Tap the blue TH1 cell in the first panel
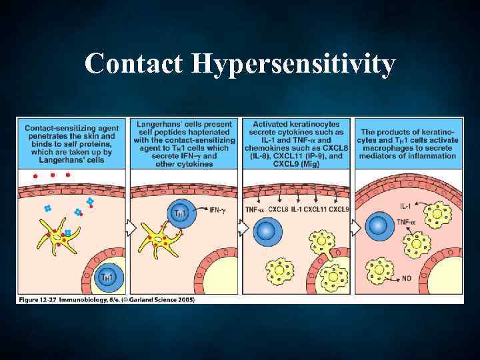pos(106,276)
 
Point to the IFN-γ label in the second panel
pos(220,211)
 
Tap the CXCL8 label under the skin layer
pos(280,209)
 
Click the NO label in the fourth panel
pos(408,275)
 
